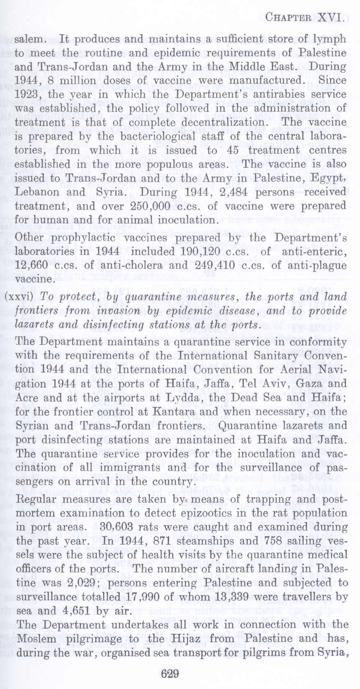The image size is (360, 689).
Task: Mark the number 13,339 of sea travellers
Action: tap(228, 597)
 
